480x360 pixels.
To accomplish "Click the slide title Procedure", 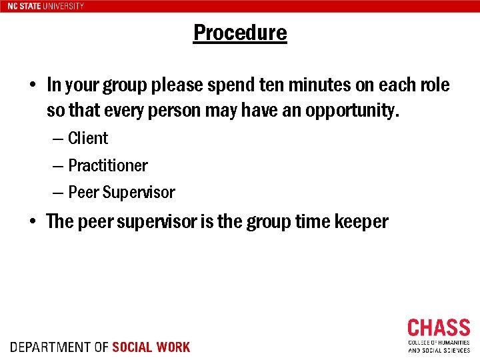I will pos(240,33).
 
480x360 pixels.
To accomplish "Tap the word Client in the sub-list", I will pos(88,138).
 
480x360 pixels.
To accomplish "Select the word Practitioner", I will pos(108,165).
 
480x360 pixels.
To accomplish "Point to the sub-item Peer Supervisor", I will pos(121,193).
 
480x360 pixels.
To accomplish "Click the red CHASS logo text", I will pos(439,328).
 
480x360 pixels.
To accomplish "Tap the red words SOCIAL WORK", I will pos(151,347).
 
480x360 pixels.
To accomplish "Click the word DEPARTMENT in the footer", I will pos(50,347).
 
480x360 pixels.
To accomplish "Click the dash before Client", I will pos(58,139).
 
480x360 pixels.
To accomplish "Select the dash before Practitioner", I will pos(58,166).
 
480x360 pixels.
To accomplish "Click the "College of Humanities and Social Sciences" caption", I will pos(439,346).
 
